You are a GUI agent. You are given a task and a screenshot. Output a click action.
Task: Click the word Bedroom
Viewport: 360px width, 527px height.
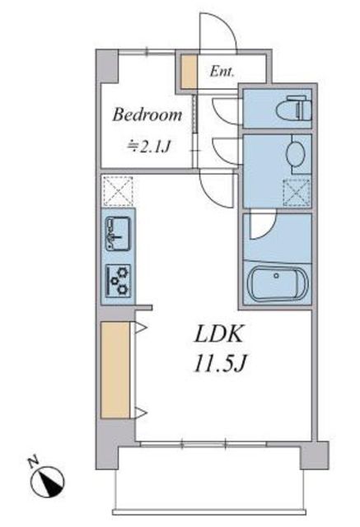click(x=147, y=115)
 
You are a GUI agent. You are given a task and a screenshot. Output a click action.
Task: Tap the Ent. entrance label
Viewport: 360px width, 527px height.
click(x=222, y=72)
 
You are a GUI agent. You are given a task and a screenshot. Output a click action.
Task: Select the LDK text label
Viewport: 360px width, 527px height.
click(x=217, y=334)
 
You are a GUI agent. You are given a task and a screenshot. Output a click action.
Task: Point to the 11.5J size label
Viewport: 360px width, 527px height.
click(x=220, y=364)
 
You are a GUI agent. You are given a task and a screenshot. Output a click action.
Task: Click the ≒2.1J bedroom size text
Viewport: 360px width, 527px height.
click(x=148, y=147)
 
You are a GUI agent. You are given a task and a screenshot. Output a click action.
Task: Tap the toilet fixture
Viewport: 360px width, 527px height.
click(x=293, y=109)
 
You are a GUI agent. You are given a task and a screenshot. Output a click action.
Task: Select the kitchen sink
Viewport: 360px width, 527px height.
click(x=118, y=233)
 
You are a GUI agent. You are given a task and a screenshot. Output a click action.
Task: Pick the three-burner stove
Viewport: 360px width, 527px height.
click(x=118, y=281)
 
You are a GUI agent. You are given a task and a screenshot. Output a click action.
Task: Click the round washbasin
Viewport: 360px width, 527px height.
click(x=296, y=154)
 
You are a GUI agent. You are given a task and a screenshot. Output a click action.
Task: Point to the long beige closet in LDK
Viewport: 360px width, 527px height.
click(x=115, y=370)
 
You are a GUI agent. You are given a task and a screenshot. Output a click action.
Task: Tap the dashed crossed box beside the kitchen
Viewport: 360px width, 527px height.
click(x=118, y=190)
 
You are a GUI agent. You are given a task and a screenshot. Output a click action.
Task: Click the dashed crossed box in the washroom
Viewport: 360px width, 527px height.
click(x=296, y=192)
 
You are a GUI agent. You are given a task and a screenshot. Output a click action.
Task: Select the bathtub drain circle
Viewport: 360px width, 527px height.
click(x=276, y=276)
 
